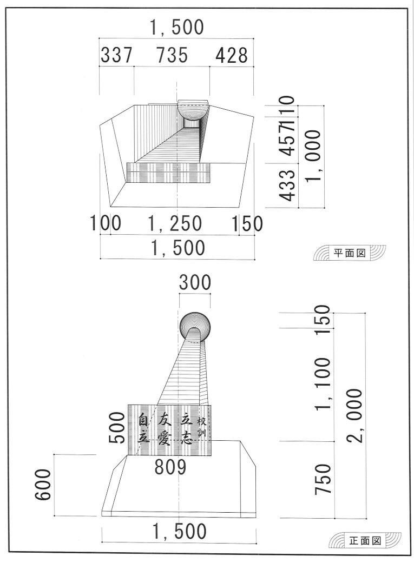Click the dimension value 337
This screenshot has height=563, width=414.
116,55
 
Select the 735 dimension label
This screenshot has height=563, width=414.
172,55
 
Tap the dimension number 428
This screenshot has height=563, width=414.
232,55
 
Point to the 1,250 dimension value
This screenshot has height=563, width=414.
175,223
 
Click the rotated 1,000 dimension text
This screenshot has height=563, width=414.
312,156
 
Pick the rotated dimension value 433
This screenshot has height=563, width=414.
287,185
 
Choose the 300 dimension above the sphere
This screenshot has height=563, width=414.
195,282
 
